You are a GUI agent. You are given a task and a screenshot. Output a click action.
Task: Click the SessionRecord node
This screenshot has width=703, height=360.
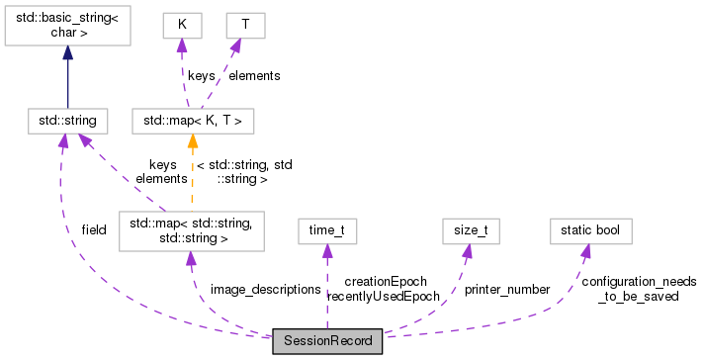pyautogui.click(x=327, y=341)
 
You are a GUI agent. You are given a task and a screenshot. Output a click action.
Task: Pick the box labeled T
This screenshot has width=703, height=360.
pyautogui.click(x=244, y=21)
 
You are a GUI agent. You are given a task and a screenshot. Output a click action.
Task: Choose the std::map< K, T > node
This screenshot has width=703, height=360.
pyautogui.click(x=193, y=121)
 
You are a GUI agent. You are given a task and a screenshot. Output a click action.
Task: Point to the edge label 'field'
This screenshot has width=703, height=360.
pyautogui.click(x=94, y=229)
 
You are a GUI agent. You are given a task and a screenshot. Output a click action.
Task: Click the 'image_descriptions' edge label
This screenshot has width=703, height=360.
pyautogui.click(x=265, y=290)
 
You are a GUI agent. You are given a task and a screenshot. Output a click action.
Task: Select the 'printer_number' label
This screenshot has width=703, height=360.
pyautogui.click(x=506, y=290)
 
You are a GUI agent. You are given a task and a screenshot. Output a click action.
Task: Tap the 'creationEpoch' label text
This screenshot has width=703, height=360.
pyautogui.click(x=385, y=282)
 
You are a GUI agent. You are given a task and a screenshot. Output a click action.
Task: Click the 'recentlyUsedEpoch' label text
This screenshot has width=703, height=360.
pyautogui.click(x=383, y=296)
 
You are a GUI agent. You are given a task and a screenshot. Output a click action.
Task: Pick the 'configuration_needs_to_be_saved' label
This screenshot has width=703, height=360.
pyautogui.click(x=639, y=289)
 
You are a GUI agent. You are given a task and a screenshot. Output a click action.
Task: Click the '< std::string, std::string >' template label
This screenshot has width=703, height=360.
pyautogui.click(x=244, y=171)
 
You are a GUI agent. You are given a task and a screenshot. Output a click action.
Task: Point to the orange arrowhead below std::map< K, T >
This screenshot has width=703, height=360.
pyautogui.click(x=193, y=142)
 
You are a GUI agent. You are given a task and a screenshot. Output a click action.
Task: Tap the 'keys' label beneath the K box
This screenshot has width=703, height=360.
pyautogui.click(x=202, y=74)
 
